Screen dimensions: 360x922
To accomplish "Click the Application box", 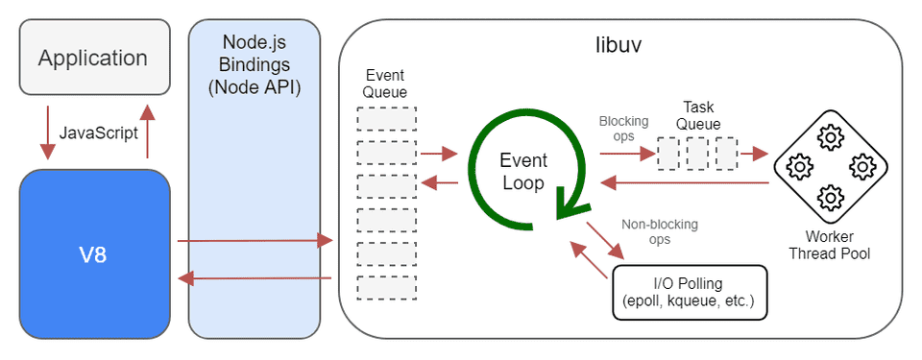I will (x=94, y=58).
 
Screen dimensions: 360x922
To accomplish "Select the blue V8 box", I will (x=94, y=253).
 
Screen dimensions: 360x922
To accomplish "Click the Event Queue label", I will (x=386, y=84).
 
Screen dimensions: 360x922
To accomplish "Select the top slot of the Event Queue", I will (x=386, y=119).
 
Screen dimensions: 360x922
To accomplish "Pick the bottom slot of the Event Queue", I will (x=386, y=287).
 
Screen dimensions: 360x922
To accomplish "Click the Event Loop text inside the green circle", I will (x=523, y=170).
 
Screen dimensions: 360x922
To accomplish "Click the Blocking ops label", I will (x=623, y=129).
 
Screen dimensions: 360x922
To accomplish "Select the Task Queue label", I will (x=698, y=115).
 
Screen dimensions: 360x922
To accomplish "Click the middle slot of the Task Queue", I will (x=698, y=153).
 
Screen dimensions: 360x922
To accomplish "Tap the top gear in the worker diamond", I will (x=829, y=137).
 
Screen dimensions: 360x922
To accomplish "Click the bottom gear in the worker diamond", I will (x=829, y=199).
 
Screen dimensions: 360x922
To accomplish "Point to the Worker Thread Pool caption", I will (x=829, y=246).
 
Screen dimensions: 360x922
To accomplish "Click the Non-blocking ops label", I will (x=660, y=231).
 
